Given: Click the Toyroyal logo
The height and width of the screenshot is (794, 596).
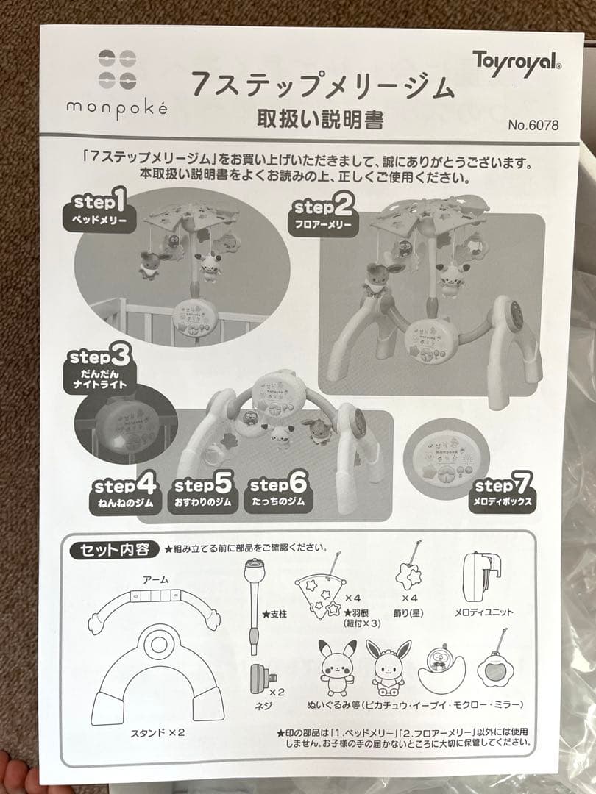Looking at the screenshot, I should [x=517, y=60].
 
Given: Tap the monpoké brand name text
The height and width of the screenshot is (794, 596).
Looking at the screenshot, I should [x=117, y=107].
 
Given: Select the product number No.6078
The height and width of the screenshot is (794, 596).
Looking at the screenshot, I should [x=533, y=124].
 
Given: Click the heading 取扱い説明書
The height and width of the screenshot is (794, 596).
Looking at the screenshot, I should [x=320, y=118].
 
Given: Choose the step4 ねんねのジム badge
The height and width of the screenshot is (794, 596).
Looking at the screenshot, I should [x=124, y=494].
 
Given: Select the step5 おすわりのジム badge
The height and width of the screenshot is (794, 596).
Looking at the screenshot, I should [x=202, y=494].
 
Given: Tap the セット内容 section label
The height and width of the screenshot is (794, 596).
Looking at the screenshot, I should [x=113, y=550].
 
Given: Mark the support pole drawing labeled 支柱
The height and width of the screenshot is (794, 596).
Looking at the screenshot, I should [x=253, y=603].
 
